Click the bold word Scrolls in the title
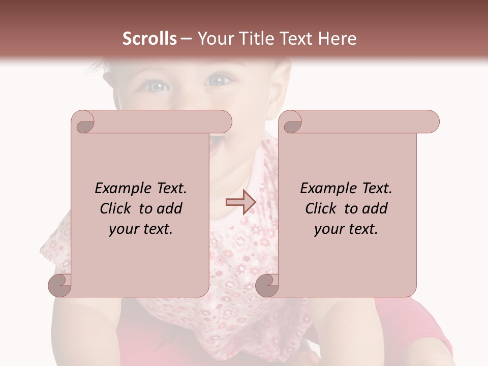click(150, 39)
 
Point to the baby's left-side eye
click(157, 86)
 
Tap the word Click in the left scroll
click(116, 208)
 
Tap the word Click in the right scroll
click(321, 208)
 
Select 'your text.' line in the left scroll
click(141, 229)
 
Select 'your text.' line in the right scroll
click(346, 229)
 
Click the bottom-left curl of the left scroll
click(60, 285)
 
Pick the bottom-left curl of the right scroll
click(267, 285)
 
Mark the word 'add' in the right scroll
click(375, 208)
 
